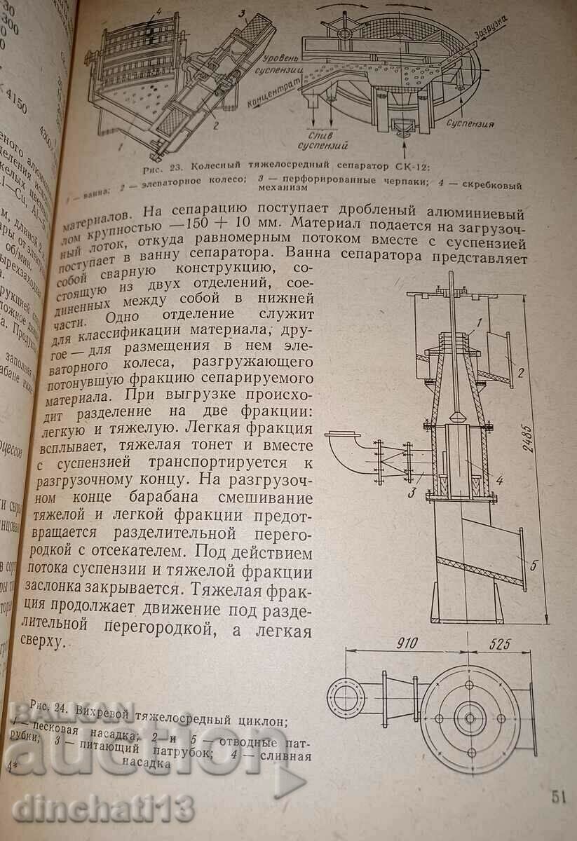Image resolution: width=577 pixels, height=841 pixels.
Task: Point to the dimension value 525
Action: pyautogui.click(x=508, y=644)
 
